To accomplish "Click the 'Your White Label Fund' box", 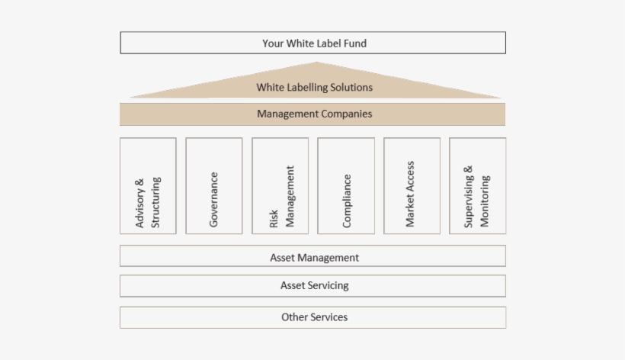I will pos(312,43).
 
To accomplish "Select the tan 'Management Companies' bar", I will pos(312,114).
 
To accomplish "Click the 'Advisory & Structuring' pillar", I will pos(148,185).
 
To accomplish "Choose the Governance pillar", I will pos(214,185).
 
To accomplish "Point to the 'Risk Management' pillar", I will pos(280,185).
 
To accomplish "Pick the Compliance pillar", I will pos(346,185).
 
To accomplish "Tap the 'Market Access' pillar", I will pos(412,185).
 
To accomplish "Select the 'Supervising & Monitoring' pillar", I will pos(478,185).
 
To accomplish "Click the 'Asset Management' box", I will pos(312,257).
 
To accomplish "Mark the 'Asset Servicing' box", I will pos(312,285).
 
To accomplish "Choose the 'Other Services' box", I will pos(312,317).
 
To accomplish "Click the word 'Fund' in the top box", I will pos(354,43).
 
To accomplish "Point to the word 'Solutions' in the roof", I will pos(349,88).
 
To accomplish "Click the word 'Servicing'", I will pos(329,286).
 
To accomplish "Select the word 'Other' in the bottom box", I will pos(294,317).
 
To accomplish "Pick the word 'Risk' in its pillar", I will pos(274,220).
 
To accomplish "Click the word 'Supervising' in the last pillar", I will pos(470,197).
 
